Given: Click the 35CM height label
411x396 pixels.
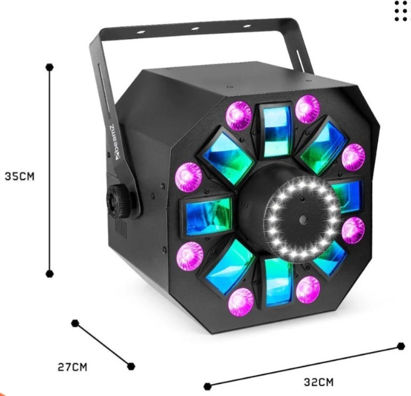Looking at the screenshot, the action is pos(20,177).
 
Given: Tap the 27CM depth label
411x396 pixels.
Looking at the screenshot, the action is pos(72,367).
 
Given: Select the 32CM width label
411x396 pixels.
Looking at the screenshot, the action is pos(319,382).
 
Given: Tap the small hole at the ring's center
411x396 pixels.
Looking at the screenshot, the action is pos(303,219).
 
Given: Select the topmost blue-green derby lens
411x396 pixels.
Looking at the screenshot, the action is pos(276,130).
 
